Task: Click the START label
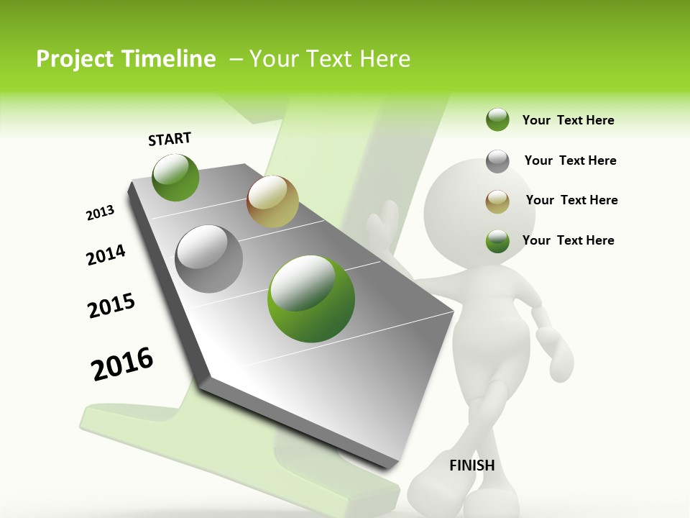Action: pos(170,139)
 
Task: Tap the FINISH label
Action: pos(471,465)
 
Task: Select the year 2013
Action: pos(100,213)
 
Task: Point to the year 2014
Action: pos(106,255)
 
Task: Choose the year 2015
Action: pos(111,306)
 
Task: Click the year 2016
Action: pos(122,364)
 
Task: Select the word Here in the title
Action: pos(385,59)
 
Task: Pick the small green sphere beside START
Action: pos(175,177)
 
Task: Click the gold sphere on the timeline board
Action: pos(272,201)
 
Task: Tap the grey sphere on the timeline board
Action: pos(209,258)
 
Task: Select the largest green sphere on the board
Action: pos(311,299)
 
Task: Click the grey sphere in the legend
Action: pos(497,161)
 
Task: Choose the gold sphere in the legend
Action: pos(497,201)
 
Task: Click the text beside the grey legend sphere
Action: pos(570,160)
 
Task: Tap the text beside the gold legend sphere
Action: pos(571,200)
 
